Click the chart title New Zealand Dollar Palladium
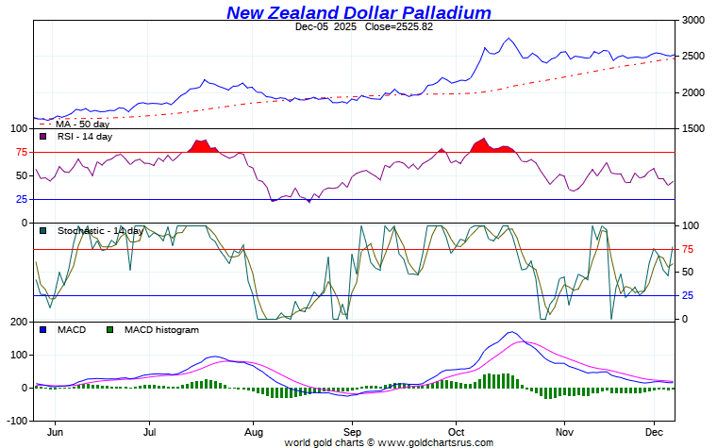(358, 12)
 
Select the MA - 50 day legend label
(82, 124)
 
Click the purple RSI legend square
(42, 137)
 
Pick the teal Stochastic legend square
(42, 231)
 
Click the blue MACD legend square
(42, 330)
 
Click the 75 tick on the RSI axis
(20, 152)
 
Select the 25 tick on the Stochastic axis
(690, 296)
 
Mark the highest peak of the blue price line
(509, 39)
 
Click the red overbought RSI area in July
(201, 146)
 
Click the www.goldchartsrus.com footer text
(435, 442)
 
